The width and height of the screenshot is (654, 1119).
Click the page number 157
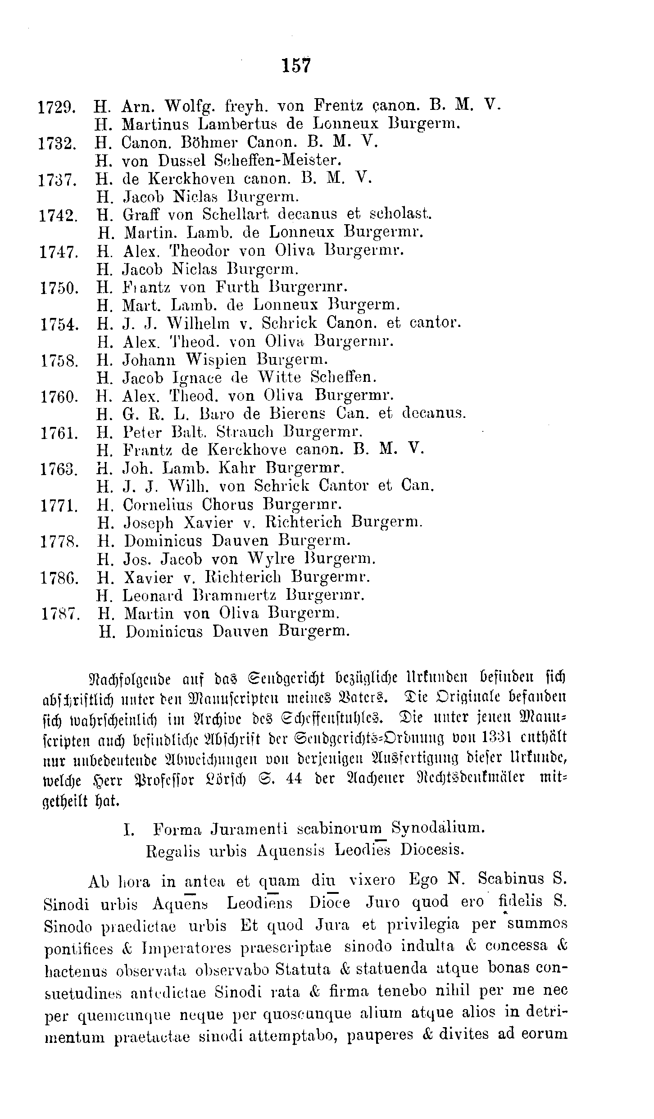pos(296,66)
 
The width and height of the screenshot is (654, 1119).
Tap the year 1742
pos(59,216)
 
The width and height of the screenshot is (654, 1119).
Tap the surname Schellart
pos(235,214)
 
